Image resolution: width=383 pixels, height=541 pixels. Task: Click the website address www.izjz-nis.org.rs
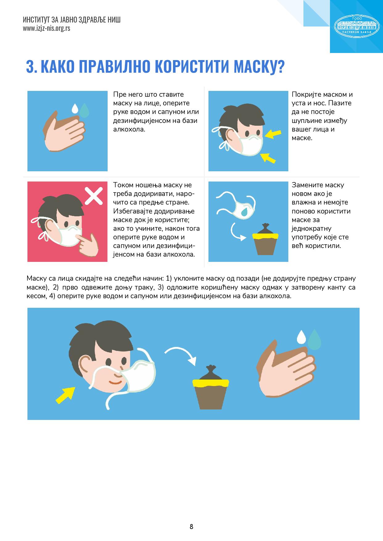tap(46, 28)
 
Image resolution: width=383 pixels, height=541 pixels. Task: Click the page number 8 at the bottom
tap(191, 527)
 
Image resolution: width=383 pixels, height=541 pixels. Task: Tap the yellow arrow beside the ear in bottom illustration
tap(65, 395)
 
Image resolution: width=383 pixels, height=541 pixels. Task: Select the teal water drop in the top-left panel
tap(84, 110)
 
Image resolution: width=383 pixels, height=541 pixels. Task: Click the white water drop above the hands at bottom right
tap(301, 337)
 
